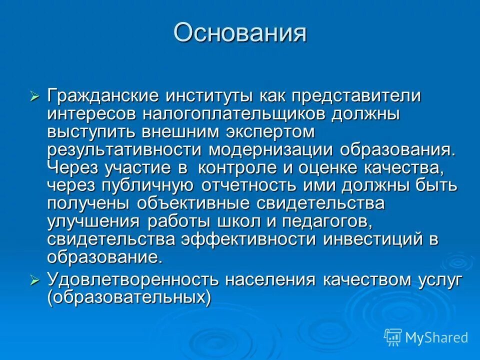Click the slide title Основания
[x=240, y=33]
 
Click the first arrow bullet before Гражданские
[x=34, y=96]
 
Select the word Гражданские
[x=104, y=96]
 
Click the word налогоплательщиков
[x=234, y=114]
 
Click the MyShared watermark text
[x=436, y=337]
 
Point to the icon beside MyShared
[x=393, y=337]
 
